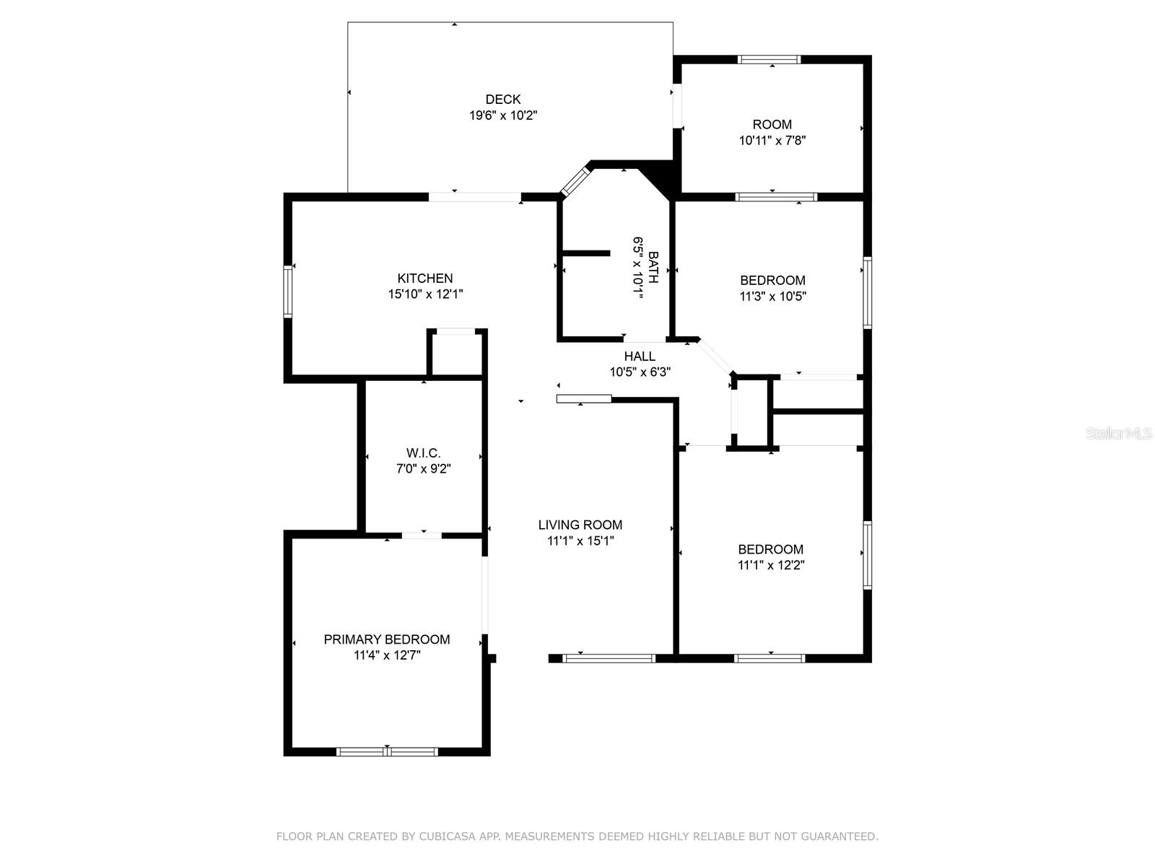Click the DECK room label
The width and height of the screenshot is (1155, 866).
tap(502, 100)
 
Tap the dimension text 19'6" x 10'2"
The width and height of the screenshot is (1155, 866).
tap(502, 115)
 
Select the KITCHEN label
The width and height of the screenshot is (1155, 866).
tap(424, 278)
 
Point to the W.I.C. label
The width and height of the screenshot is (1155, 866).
tap(423, 452)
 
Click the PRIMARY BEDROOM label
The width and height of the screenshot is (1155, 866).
tap(387, 639)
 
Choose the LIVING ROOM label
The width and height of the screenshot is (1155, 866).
tap(580, 525)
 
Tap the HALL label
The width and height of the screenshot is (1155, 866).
tap(640, 356)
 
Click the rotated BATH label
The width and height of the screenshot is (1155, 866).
tap(653, 267)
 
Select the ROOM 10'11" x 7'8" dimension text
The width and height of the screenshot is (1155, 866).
tap(772, 141)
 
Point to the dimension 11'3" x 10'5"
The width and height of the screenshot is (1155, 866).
tap(772, 296)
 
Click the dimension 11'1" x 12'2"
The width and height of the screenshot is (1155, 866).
tap(771, 565)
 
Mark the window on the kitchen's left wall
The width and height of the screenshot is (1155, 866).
tap(288, 292)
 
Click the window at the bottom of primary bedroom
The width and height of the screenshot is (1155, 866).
tap(387, 752)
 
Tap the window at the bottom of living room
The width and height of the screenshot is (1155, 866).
tap(609, 658)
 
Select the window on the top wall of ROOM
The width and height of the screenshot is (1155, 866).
tap(769, 59)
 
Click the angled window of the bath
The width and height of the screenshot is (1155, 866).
tap(575, 181)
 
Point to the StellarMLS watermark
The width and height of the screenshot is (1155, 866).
tap(1119, 434)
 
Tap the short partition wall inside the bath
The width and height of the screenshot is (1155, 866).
tap(586, 253)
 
